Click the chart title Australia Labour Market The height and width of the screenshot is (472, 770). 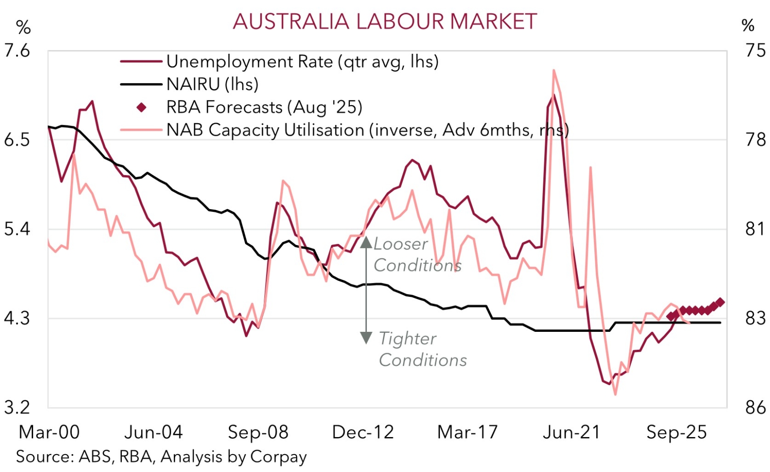385,22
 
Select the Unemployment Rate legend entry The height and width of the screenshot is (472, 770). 302,61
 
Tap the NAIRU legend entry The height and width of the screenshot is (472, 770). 212,84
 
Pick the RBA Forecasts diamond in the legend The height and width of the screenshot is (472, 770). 141,108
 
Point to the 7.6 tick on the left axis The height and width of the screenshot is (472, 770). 17,51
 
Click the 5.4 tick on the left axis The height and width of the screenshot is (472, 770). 17,229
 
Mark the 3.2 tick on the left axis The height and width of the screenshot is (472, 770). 17,407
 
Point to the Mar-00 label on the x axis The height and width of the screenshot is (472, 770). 49,432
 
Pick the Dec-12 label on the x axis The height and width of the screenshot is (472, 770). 363,432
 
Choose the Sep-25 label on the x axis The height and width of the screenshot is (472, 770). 677,432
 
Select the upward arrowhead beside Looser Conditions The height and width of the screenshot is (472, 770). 366,243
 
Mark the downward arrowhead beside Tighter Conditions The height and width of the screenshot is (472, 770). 366,337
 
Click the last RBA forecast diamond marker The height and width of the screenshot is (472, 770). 720,303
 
